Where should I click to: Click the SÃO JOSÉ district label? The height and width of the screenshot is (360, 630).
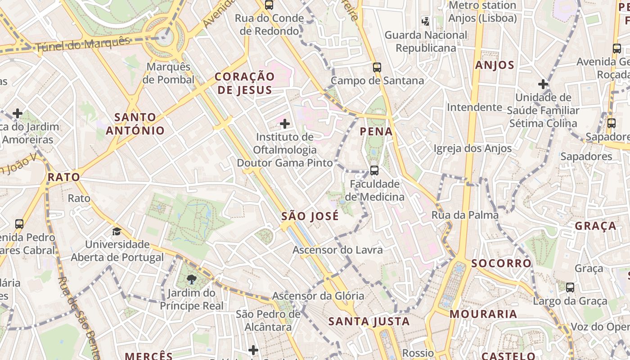310,216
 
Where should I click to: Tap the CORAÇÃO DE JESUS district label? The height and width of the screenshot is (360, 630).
244,83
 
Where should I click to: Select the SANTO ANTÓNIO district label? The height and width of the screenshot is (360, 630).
135,124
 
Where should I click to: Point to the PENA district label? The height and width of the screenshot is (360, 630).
376,132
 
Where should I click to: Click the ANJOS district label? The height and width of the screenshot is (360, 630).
495,65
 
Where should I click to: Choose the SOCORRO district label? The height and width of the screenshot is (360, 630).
501,263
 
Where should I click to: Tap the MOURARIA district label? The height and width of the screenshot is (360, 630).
483,314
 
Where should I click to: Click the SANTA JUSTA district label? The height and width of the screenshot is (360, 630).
369,321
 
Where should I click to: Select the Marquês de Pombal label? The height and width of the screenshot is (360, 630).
168,73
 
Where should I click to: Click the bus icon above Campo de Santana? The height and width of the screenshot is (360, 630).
377,67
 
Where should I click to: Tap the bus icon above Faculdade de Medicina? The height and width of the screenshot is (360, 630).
374,171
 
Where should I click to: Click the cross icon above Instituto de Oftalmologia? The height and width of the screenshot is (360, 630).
284,123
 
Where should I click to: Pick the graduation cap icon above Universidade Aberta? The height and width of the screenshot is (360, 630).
117,231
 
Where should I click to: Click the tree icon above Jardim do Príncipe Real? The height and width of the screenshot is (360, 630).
192,280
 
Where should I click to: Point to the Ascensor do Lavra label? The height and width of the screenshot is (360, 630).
337,250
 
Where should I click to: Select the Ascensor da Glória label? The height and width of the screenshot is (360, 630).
318,296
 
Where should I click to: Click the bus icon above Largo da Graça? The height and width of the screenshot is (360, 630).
570,287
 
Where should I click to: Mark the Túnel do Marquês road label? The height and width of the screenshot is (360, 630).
82,44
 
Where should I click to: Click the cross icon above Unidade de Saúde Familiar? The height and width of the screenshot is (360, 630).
543,84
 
